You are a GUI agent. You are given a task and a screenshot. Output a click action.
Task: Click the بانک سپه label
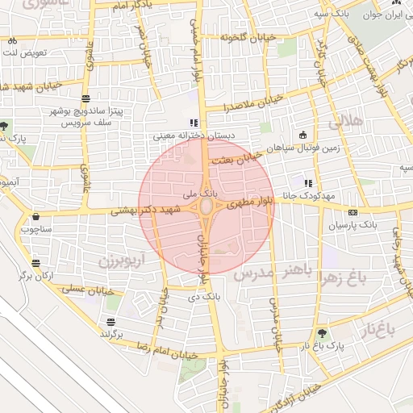[332, 14]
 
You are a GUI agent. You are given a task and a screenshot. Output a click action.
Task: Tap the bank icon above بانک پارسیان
[352, 213]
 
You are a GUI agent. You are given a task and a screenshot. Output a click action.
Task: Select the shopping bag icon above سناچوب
[35, 216]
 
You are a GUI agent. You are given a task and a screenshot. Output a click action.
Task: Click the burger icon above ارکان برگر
[35, 263]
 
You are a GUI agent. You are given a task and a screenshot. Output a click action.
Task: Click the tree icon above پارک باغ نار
[323, 333]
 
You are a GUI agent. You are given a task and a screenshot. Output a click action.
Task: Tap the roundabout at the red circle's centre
[206, 207]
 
